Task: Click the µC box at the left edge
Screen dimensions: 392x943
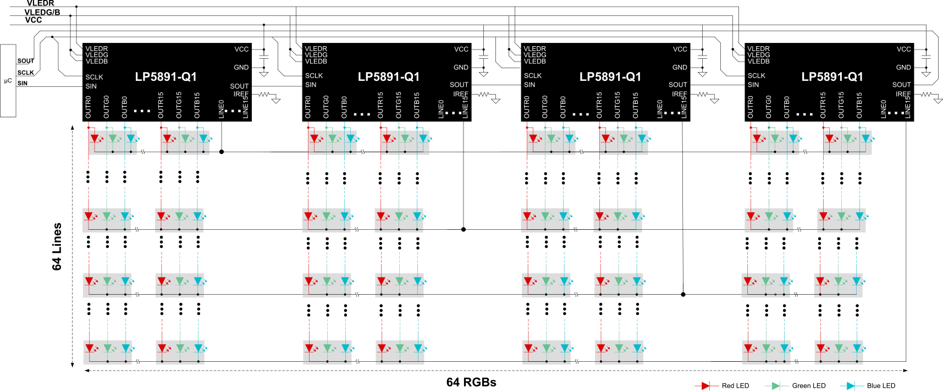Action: point(8,80)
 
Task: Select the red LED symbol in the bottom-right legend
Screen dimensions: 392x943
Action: point(706,386)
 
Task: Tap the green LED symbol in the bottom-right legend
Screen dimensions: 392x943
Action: point(776,386)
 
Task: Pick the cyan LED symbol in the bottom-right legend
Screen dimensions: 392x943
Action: point(851,386)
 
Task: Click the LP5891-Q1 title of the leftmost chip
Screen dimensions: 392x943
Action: point(166,77)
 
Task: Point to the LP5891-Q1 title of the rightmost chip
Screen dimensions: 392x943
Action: point(832,77)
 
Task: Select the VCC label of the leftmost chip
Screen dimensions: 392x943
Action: point(241,49)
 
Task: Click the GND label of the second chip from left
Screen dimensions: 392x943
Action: point(461,68)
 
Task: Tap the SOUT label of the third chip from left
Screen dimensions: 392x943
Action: point(677,85)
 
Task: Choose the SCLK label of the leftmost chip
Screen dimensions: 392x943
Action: point(94,78)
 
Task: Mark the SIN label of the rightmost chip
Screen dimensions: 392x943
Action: point(753,85)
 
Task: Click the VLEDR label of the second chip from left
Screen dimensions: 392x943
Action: point(316,49)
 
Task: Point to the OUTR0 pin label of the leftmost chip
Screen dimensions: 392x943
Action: point(89,107)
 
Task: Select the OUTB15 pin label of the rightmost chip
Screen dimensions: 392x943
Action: point(859,105)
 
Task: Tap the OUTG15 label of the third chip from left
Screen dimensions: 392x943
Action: point(617,105)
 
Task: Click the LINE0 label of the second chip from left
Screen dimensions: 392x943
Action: point(441,109)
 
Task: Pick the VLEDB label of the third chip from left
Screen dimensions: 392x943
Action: point(534,61)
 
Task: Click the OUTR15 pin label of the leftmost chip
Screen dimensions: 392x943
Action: point(161,105)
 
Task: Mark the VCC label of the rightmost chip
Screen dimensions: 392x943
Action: point(903,49)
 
